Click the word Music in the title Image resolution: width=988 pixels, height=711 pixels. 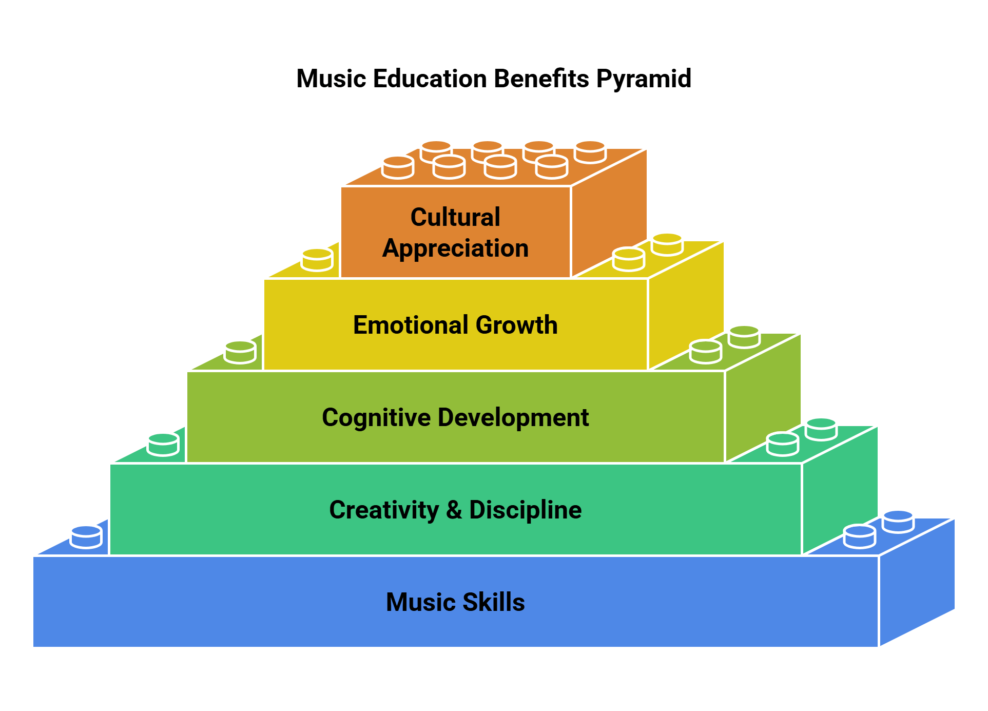pos(331,79)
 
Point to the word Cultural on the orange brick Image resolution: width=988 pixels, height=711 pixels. pos(455,217)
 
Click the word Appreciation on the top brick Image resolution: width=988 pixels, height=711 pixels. pos(455,248)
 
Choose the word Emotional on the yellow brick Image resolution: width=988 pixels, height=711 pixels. pos(410,325)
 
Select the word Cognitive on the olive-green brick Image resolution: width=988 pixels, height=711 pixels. pos(376,418)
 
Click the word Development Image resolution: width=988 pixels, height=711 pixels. pos(513,417)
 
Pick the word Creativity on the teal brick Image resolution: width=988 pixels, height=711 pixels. pos(384,510)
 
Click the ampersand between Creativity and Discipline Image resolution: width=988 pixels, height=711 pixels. pos(454,510)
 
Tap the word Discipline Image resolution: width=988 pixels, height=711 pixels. pos(525,510)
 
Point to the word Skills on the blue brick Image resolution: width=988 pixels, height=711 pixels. pos(494,602)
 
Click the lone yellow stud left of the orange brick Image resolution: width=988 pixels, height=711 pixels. pos(317,260)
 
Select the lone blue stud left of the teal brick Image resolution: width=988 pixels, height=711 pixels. pos(86,537)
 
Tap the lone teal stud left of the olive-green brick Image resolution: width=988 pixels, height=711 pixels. pos(163,445)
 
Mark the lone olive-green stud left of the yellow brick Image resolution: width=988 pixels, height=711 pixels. pos(240,352)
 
